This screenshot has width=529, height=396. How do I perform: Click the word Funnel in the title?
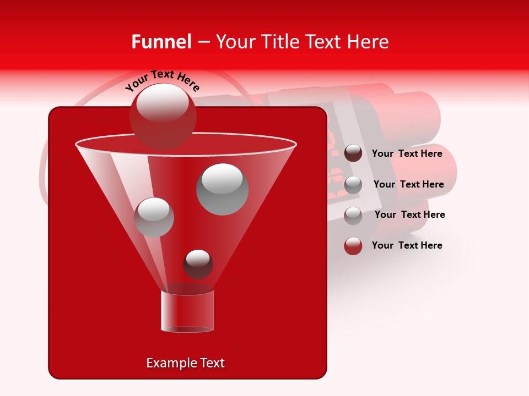(x=161, y=42)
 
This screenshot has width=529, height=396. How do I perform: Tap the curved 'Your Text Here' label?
(x=163, y=80)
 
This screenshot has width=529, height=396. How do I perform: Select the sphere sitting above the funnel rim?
(x=163, y=117)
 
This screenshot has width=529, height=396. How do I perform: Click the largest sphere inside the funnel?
(x=222, y=189)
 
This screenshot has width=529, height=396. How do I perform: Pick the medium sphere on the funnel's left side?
(x=154, y=217)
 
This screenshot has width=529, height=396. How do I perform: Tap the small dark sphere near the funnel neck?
(x=198, y=264)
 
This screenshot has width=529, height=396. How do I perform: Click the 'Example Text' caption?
(x=185, y=363)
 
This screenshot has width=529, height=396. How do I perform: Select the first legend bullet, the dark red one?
(x=353, y=153)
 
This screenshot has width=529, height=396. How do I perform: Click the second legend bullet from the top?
(x=353, y=185)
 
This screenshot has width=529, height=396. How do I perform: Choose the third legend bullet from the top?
(x=353, y=216)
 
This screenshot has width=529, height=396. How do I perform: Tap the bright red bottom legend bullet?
(x=353, y=246)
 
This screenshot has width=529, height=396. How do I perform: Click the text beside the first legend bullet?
(x=407, y=153)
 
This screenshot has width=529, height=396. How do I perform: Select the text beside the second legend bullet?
(x=408, y=184)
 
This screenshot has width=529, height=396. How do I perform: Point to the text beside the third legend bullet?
(x=409, y=215)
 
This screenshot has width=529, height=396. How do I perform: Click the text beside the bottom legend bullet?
(x=407, y=245)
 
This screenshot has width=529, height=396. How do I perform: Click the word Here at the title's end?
(x=369, y=42)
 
